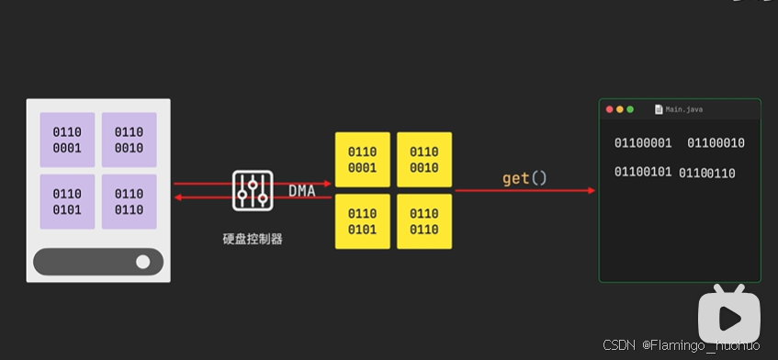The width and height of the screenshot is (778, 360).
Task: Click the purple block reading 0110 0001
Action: tap(66, 140)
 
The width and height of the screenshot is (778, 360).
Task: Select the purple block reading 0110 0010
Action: tap(129, 140)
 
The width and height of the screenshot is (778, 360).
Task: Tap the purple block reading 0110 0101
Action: tap(66, 201)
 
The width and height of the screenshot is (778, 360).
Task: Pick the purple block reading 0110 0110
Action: tap(129, 201)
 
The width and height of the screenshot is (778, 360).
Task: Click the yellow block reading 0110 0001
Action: tap(362, 159)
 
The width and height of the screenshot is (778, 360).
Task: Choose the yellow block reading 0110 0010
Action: tap(423, 159)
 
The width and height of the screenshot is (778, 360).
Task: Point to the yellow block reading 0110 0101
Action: tap(362, 221)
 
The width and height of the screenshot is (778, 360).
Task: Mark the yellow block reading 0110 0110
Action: tap(423, 221)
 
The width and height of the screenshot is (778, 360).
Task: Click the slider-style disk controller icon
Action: tap(252, 190)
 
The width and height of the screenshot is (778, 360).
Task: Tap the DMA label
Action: tap(303, 191)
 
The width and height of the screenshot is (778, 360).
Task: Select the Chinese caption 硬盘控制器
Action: tap(252, 239)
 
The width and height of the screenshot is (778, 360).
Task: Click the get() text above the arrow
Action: tap(524, 178)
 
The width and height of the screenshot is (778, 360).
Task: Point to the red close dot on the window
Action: tap(609, 109)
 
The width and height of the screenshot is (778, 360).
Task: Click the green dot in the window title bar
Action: tap(630, 109)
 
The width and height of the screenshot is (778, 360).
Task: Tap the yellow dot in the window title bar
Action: tap(620, 109)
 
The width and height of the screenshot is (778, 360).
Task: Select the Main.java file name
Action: tap(684, 109)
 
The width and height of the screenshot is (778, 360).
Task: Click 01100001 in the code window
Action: tap(643, 143)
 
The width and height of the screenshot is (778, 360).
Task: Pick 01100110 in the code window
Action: tap(706, 174)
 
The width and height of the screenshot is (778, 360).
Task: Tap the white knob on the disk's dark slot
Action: tap(142, 262)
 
